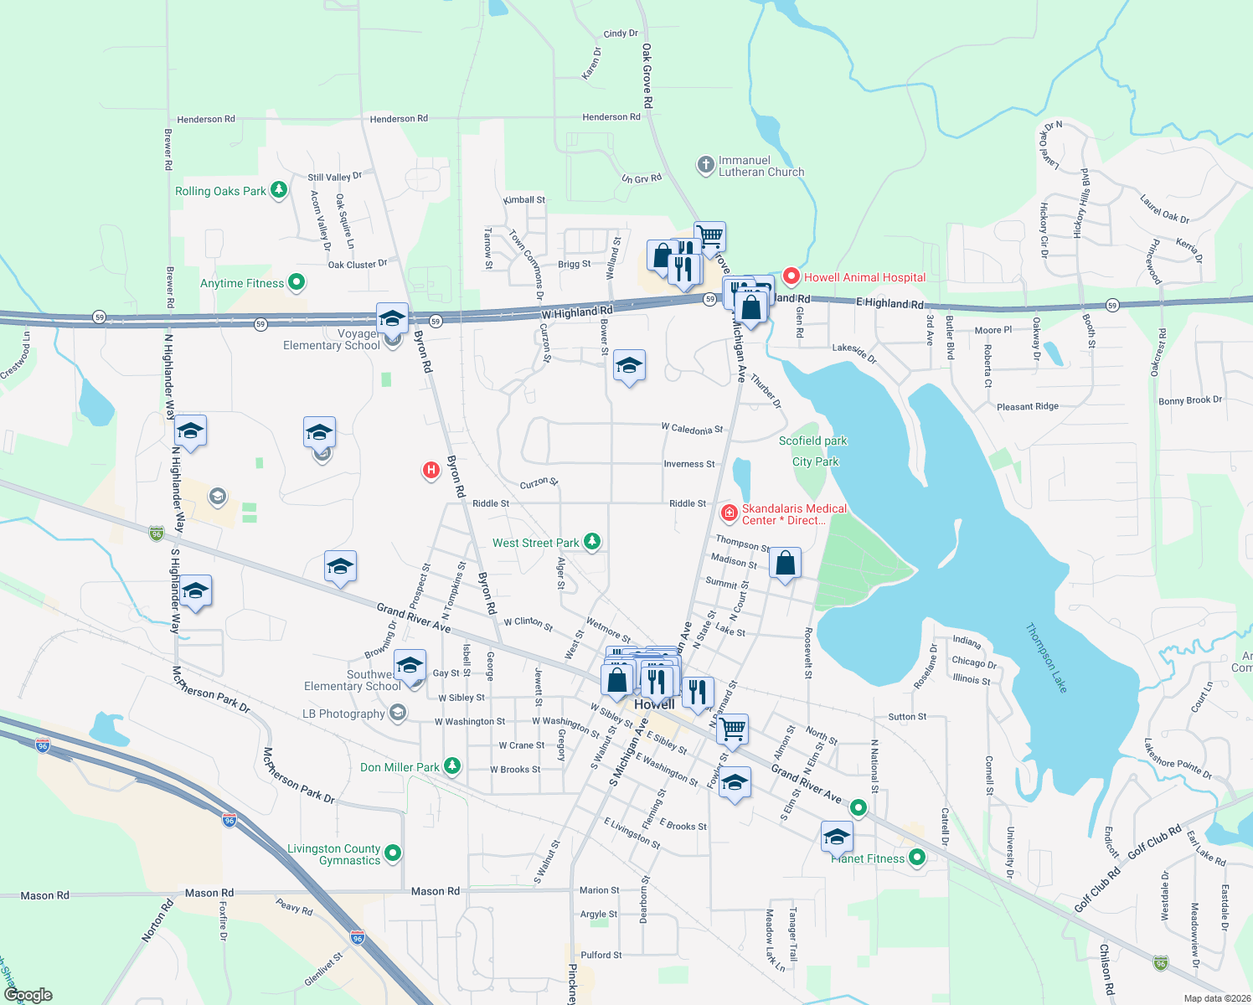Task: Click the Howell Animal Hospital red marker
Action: tap(791, 276)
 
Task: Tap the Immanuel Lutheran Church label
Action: tap(761, 166)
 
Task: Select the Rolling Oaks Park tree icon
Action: tap(279, 190)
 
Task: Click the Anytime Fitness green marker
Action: tap(296, 283)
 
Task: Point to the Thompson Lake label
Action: tap(1047, 657)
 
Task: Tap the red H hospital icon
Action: tap(431, 471)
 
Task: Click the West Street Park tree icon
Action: tap(592, 542)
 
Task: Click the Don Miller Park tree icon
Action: tap(452, 766)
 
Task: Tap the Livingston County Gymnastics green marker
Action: tap(393, 853)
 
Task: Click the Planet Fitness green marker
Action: tap(917, 858)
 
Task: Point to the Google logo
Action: tap(28, 995)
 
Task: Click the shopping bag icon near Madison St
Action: tap(785, 564)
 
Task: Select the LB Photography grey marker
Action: tap(398, 714)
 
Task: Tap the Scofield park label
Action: tap(812, 441)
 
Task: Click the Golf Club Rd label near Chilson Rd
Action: tap(1097, 890)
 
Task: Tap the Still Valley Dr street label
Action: tap(334, 177)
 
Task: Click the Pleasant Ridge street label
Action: tap(1027, 406)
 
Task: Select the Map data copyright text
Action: tap(1217, 998)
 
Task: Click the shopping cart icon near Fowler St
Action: tap(733, 729)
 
